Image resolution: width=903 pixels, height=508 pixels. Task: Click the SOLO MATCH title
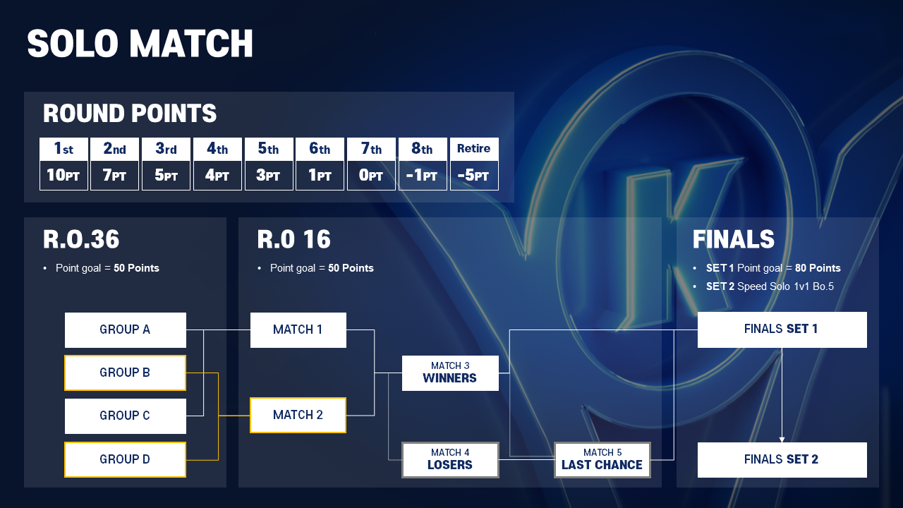[x=140, y=44]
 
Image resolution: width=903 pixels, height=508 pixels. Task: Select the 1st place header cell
[x=63, y=149]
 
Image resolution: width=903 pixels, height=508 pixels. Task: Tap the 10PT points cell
[x=63, y=176]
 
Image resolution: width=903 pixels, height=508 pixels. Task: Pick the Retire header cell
[x=474, y=149]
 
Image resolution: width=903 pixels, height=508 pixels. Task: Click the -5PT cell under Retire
[x=474, y=176]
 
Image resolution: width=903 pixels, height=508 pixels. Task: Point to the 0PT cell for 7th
[x=371, y=176]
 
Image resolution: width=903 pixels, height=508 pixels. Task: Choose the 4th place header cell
[x=217, y=149]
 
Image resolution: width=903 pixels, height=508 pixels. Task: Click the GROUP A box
[x=126, y=329]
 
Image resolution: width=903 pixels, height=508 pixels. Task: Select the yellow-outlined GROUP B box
[x=126, y=373]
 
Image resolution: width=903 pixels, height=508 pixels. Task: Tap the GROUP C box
[x=126, y=416]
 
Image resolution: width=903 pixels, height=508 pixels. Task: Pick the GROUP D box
[x=126, y=459]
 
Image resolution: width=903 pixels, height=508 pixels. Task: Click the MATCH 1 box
[x=298, y=329]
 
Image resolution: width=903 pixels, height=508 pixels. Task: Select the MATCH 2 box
[x=298, y=416]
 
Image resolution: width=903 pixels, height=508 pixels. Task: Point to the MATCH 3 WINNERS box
[x=450, y=373]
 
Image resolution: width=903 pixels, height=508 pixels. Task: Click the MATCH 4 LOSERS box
[x=450, y=460]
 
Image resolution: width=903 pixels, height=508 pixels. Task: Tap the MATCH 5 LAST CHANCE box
[x=602, y=460]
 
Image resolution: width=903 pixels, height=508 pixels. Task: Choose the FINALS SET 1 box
[x=782, y=329]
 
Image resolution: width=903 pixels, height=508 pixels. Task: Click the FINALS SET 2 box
[x=782, y=460]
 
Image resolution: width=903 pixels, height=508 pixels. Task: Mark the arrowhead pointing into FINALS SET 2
[x=782, y=440]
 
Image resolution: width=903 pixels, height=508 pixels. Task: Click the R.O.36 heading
[x=81, y=239]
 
